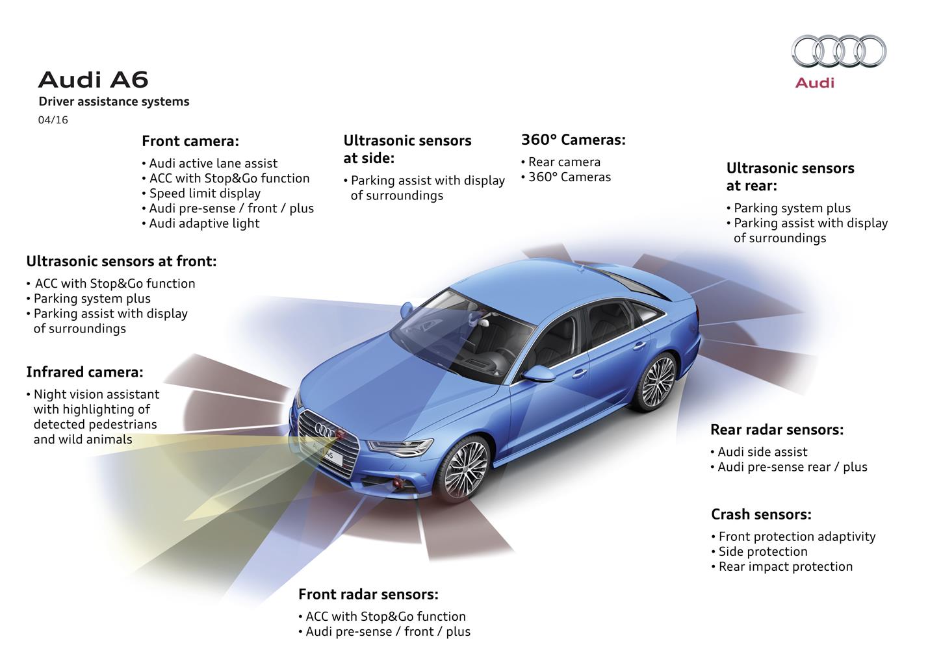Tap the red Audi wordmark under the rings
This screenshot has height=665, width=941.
coord(814,83)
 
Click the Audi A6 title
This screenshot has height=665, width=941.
coord(94,80)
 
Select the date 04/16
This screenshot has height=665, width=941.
coord(53,120)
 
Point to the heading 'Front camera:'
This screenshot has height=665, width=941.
coord(190,141)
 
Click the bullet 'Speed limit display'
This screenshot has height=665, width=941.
coord(201,193)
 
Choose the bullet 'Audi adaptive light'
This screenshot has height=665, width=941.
coord(201,223)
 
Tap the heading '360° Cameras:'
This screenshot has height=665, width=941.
coord(573,140)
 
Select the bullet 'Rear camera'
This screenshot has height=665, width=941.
coord(561,162)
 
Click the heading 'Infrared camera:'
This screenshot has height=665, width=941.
coord(85,372)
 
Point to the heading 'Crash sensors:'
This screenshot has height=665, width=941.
coord(761,514)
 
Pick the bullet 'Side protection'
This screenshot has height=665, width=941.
coord(760,551)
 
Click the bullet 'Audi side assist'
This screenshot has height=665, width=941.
coord(758,452)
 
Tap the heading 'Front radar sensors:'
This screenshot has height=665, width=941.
coord(368,594)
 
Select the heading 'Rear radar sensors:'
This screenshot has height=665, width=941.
coord(777,430)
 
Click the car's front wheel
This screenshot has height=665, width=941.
coord(464,470)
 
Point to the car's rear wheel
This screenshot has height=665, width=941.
coord(658,382)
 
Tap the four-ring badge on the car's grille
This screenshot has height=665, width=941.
coord(325,431)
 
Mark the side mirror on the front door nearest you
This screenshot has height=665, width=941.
coord(538,373)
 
